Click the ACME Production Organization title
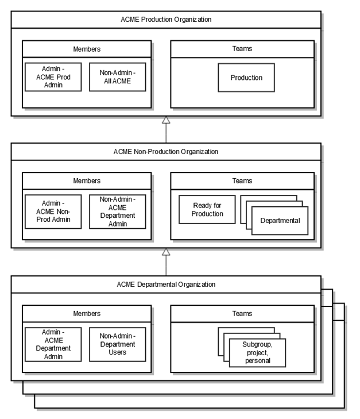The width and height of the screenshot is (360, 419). pyautogui.click(x=166, y=20)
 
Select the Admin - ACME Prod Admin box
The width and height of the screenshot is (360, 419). pyautogui.click(x=53, y=77)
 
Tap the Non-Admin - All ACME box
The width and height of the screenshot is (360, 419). pyautogui.click(x=118, y=77)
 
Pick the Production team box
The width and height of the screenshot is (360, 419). pyautogui.click(x=246, y=78)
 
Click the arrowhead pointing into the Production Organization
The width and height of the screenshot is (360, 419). pyautogui.click(x=166, y=120)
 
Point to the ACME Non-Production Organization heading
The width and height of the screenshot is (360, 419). pyautogui.click(x=166, y=152)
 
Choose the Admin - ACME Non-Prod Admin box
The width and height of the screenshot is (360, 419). pyautogui.click(x=53, y=212)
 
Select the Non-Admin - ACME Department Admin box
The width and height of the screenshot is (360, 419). pyautogui.click(x=118, y=212)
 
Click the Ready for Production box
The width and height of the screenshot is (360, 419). pyautogui.click(x=207, y=209)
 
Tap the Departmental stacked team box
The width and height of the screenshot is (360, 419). pyautogui.click(x=280, y=221)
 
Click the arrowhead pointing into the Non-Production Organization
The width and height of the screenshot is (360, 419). pyautogui.click(x=166, y=252)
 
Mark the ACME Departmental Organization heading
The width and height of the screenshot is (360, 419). pyautogui.click(x=166, y=285)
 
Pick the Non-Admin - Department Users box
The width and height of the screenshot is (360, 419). pyautogui.click(x=118, y=344)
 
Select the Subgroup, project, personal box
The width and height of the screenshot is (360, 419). pyautogui.click(x=257, y=353)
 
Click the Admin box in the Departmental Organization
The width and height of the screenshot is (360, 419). pyautogui.click(x=53, y=344)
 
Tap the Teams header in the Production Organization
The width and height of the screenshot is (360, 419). pyautogui.click(x=242, y=49)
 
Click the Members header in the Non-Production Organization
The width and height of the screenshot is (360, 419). pyautogui.click(x=87, y=181)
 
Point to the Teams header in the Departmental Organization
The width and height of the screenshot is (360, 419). pyautogui.click(x=242, y=314)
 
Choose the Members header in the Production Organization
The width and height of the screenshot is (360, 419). pyautogui.click(x=87, y=49)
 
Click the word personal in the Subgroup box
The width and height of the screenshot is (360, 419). pyautogui.click(x=258, y=361)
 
